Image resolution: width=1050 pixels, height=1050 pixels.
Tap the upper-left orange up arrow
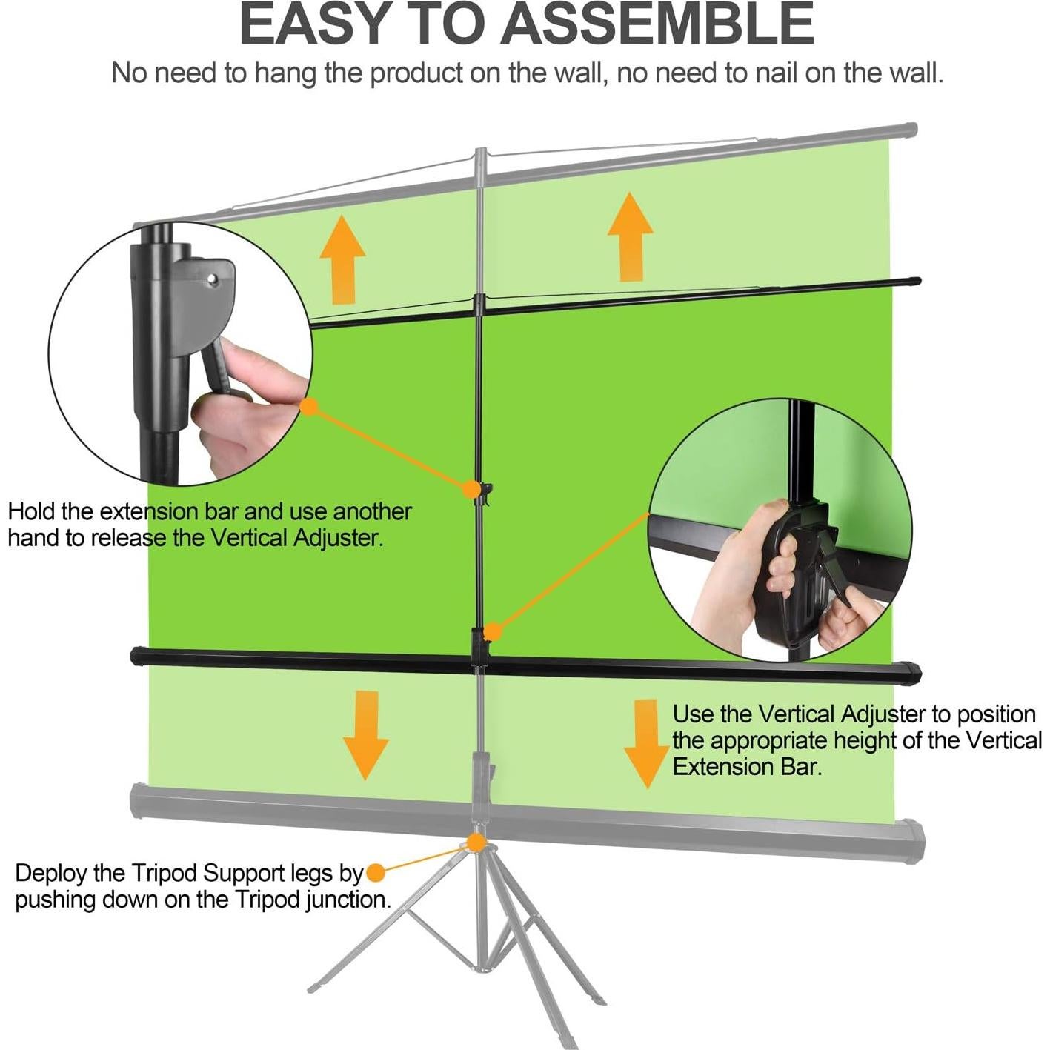tap(342, 259)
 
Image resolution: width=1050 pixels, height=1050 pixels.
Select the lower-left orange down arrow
tap(366, 734)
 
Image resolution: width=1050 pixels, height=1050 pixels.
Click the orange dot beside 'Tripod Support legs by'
tap(376, 873)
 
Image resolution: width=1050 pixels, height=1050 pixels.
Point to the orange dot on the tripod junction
tap(476, 843)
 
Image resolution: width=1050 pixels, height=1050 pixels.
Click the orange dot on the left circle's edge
tap(310, 407)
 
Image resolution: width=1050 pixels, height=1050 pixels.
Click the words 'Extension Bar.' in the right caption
tap(747, 766)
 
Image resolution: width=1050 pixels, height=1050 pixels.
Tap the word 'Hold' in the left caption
tap(31, 511)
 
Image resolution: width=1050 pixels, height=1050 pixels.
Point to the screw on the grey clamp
tap(213, 279)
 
